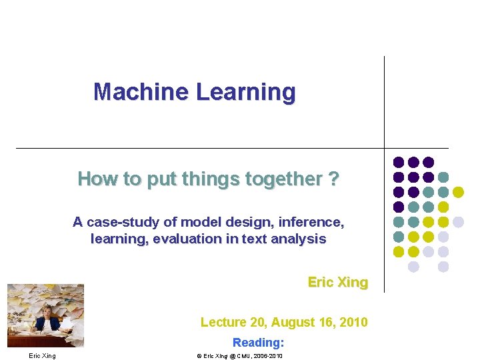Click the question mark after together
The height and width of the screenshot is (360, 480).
pos(333,179)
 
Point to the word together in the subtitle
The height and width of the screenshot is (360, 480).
pos(287,179)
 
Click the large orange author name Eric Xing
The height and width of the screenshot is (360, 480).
pos(337,282)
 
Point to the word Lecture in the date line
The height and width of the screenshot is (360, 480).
pos(223,322)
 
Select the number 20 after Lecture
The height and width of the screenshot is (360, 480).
pos(257,322)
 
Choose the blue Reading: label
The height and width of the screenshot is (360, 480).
pos(258,342)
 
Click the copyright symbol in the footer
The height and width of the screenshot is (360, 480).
pos(199,356)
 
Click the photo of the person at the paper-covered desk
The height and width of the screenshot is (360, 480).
pos(45,315)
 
